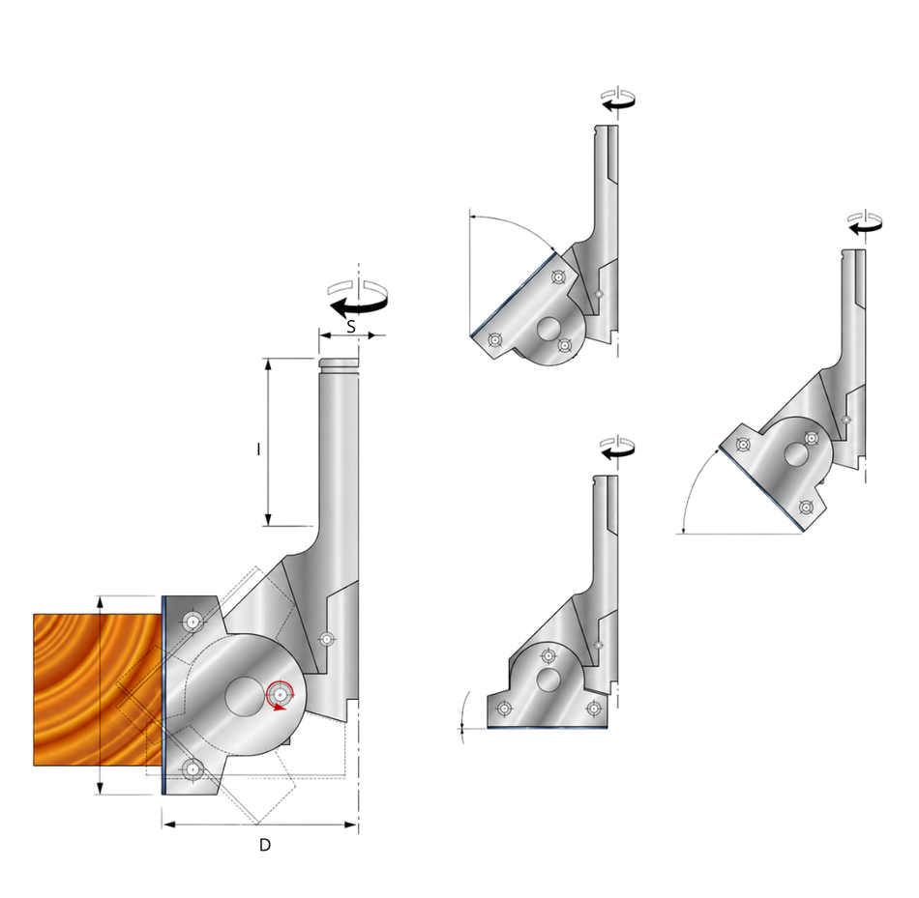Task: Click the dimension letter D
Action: [x=265, y=845]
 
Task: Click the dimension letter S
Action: [x=351, y=327]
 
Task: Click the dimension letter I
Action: [x=258, y=449]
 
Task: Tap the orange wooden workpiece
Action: [x=98, y=689]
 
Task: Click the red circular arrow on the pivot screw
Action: [x=281, y=695]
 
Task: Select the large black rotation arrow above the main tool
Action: [x=359, y=305]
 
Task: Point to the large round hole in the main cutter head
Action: [x=244, y=696]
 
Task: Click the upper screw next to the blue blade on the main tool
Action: [x=193, y=622]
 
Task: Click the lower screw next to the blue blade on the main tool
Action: [x=193, y=770]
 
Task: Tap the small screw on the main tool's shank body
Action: [x=326, y=639]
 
